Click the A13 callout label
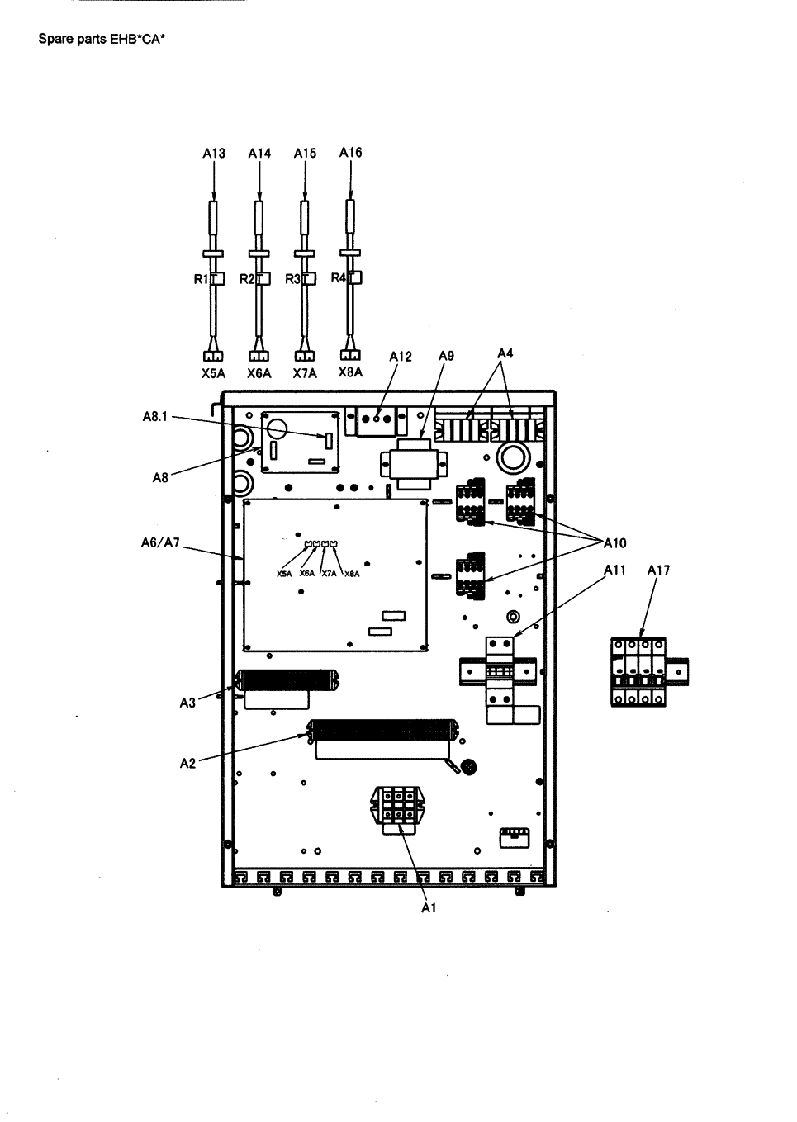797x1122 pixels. (x=214, y=153)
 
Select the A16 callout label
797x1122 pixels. (x=350, y=152)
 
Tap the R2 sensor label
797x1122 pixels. (x=247, y=279)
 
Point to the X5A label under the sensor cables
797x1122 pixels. (x=213, y=373)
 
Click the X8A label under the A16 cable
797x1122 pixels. (x=350, y=372)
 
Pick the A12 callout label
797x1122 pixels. (x=401, y=356)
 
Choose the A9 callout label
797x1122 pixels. (x=446, y=356)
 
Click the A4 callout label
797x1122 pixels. (x=505, y=353)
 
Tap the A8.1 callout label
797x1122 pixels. (x=154, y=417)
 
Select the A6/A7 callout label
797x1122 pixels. (x=160, y=543)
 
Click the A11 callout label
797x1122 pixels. (x=614, y=570)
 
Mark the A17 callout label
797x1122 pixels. (x=658, y=570)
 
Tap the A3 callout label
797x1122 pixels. (x=187, y=703)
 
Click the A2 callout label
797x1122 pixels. (x=187, y=763)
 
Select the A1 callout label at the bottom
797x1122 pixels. (x=429, y=907)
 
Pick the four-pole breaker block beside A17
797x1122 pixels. (x=638, y=672)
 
